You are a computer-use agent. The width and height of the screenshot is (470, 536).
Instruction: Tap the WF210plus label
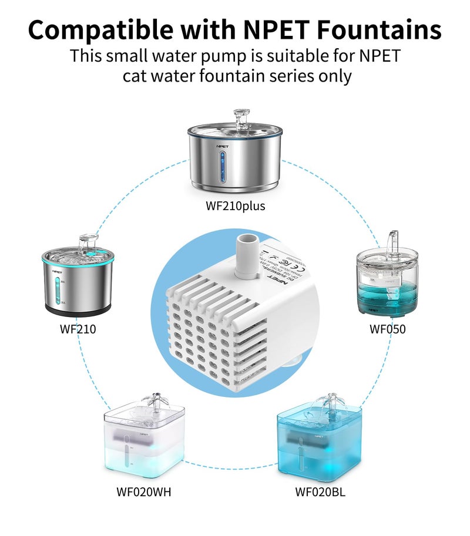tap(235, 206)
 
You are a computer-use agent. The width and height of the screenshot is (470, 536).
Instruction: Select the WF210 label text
tap(78, 329)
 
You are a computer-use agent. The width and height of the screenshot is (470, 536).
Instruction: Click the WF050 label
tap(387, 329)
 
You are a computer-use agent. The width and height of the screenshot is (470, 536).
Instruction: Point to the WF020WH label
tap(144, 491)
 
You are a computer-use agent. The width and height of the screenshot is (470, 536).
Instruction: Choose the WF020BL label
tap(320, 491)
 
